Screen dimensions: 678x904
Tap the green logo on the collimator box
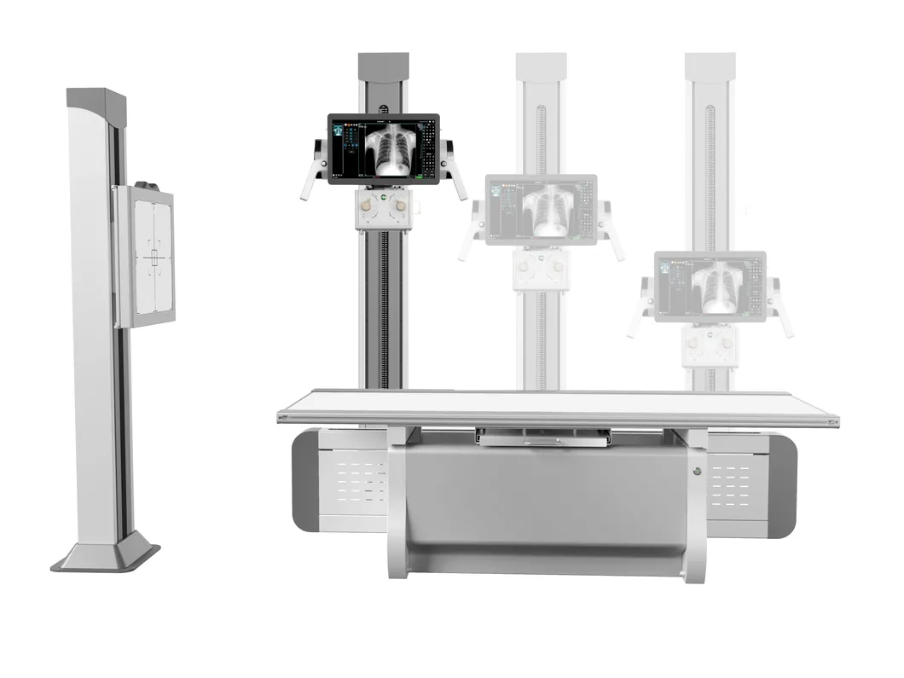click(x=383, y=200)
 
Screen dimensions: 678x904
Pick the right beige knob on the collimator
click(x=399, y=206)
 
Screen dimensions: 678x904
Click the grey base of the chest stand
click(x=106, y=556)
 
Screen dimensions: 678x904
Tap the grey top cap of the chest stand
click(x=96, y=100)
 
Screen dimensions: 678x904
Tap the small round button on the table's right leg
click(x=697, y=471)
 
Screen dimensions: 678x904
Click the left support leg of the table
click(x=397, y=503)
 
